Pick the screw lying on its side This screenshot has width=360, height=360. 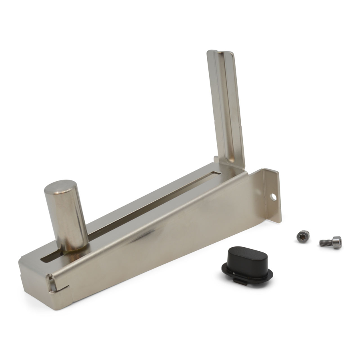(x=331, y=242)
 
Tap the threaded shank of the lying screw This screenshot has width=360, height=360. (x=325, y=242)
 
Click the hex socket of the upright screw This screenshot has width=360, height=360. (x=303, y=236)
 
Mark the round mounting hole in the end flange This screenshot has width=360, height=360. (x=274, y=197)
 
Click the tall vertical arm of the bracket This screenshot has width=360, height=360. (x=226, y=108)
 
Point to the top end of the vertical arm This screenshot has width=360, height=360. (x=220, y=52)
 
